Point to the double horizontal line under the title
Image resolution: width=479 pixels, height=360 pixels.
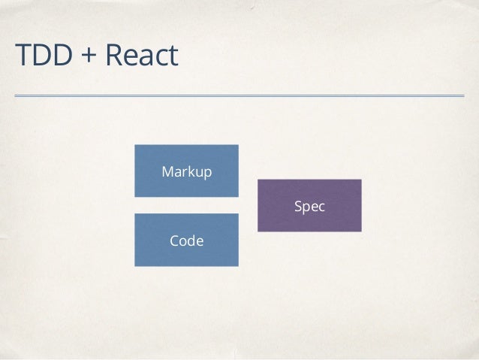pos(239,96)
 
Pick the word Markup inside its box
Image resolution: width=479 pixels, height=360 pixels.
pos(187,172)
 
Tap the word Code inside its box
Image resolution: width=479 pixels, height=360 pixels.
pos(187,241)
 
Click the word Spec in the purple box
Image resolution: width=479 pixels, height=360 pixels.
pos(309,206)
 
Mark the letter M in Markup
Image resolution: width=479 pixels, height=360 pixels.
pos(168,172)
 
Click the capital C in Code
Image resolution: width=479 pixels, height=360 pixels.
pos(174,241)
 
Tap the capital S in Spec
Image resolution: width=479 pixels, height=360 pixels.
pos(298,206)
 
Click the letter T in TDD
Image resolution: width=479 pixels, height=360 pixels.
pos(22,55)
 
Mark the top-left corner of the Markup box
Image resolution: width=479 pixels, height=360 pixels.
pos(135,145)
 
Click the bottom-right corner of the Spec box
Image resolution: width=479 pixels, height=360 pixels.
pos(361,231)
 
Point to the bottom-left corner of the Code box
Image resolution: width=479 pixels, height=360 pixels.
pos(135,266)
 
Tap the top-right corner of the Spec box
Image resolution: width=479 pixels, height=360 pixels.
pos(361,180)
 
